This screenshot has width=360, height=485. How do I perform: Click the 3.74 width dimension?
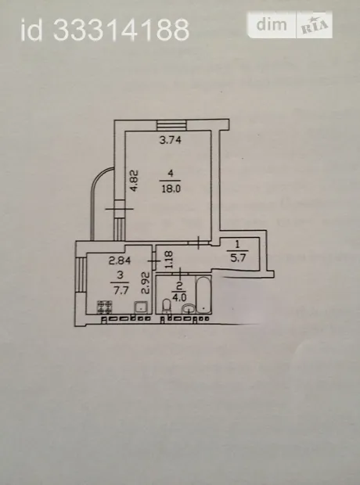pos(170,140)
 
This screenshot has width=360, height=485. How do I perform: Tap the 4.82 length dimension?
pos(134,181)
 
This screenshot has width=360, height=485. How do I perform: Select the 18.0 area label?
pos(171,189)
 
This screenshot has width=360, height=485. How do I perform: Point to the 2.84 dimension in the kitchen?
pos(120,260)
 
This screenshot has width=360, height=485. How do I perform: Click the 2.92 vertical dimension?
pos(146,282)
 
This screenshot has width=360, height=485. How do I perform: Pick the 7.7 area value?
pos(121,290)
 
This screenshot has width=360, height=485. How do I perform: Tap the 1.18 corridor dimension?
pos(169,260)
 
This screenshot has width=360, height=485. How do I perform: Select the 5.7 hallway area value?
pos(238,257)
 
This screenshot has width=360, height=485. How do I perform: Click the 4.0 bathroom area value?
pos(179,297)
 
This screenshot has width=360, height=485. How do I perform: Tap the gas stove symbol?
pos(104,307)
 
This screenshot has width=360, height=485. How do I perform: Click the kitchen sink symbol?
pos(141,307)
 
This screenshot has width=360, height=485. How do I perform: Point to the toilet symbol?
pos(167,306)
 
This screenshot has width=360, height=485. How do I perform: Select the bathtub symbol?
pos(203,295)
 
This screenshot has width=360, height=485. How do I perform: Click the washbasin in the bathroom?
pos(189,308)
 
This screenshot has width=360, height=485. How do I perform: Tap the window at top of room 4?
pos(171,125)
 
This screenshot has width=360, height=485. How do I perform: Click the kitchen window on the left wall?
pos(81,275)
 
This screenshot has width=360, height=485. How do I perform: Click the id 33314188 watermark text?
pos(105,30)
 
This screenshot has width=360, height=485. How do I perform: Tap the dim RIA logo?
pos(290,25)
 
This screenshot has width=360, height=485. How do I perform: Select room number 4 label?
pos(171,174)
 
